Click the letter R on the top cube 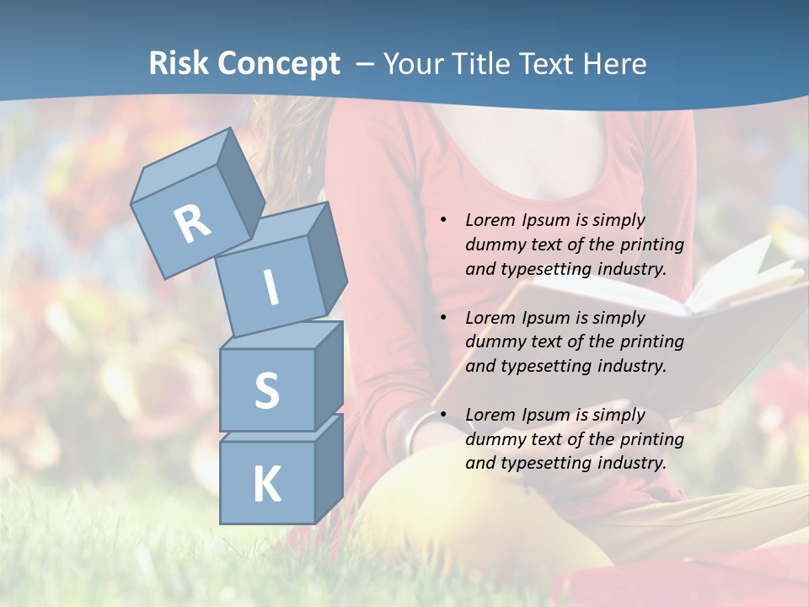point(192,223)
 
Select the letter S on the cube point(266,390)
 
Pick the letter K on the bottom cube point(266,484)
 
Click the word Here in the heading point(613,63)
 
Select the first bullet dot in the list point(443,221)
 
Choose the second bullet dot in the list point(443,318)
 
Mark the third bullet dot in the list point(443,415)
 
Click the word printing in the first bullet point(651,244)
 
